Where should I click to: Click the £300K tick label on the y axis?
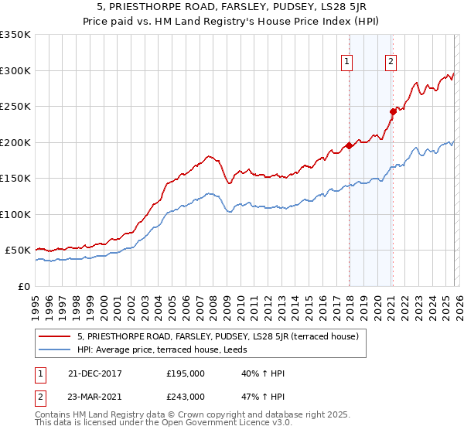15,70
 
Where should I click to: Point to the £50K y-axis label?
18,251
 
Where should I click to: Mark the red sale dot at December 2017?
349,145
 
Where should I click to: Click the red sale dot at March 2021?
393,111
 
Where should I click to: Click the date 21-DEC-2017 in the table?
89,373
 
